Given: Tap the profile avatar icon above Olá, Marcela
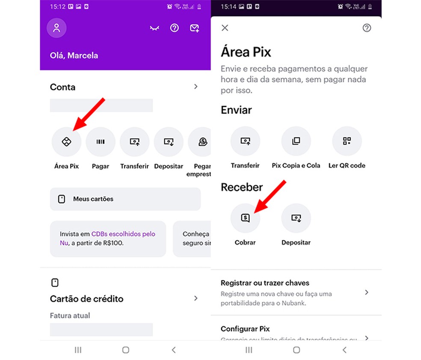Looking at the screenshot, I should (56, 28).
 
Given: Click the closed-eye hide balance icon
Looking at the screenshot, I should (154, 28).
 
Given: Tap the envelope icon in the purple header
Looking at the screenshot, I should (194, 28).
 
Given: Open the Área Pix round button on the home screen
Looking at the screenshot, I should (66, 142).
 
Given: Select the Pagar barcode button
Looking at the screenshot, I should (101, 142).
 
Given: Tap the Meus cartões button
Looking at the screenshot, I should (125, 199).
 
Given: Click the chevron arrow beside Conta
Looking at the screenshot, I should (196, 87).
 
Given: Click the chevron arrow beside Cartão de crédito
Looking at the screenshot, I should (196, 298).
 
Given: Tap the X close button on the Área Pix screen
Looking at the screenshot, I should (225, 28).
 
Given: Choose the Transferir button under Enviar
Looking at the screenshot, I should (245, 142).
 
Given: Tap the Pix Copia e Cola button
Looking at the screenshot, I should (296, 142).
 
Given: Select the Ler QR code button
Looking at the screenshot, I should (347, 142).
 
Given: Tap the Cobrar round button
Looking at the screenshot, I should (245, 218).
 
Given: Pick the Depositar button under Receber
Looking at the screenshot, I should (296, 218).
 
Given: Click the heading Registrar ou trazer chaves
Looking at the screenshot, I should (265, 283).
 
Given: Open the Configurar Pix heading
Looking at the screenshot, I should (245, 329).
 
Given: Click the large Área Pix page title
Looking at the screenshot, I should (246, 52).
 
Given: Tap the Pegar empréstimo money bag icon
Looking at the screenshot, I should (203, 142).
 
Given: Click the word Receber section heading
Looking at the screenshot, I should (242, 187).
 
